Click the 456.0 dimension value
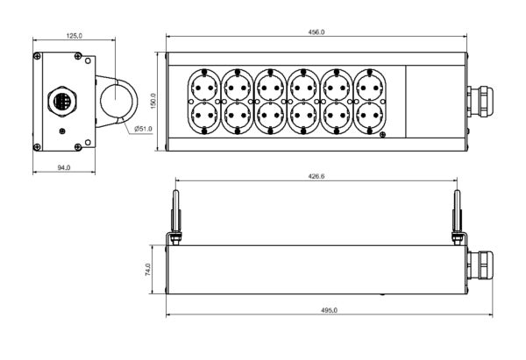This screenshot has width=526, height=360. [316, 32]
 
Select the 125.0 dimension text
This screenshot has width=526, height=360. [75, 36]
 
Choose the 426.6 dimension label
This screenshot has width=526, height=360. [316, 176]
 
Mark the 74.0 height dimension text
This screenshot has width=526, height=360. [148, 272]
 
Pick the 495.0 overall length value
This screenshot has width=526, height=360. [316, 310]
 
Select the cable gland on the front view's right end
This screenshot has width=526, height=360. [481, 101]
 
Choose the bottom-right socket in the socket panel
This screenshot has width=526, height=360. [369, 116]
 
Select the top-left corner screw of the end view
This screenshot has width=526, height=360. [37, 58]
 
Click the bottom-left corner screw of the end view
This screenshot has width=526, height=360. [37, 145]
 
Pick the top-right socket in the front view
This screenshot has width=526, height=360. [369, 85]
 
